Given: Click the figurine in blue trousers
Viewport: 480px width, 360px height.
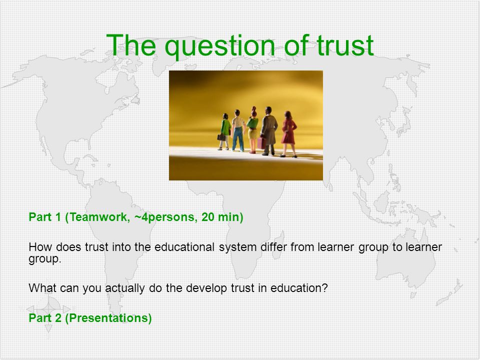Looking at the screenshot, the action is click(x=238, y=130).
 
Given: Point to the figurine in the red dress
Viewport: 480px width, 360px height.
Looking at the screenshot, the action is click(x=288, y=134).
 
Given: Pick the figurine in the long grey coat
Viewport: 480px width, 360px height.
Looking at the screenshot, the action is click(x=269, y=130).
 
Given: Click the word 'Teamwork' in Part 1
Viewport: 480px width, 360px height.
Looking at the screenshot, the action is click(x=98, y=217).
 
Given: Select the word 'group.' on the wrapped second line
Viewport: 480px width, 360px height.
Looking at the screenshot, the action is click(x=45, y=259).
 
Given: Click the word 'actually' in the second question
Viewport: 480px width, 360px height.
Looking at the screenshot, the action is click(x=125, y=288).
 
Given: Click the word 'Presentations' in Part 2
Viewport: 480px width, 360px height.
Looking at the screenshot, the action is click(x=108, y=318).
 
